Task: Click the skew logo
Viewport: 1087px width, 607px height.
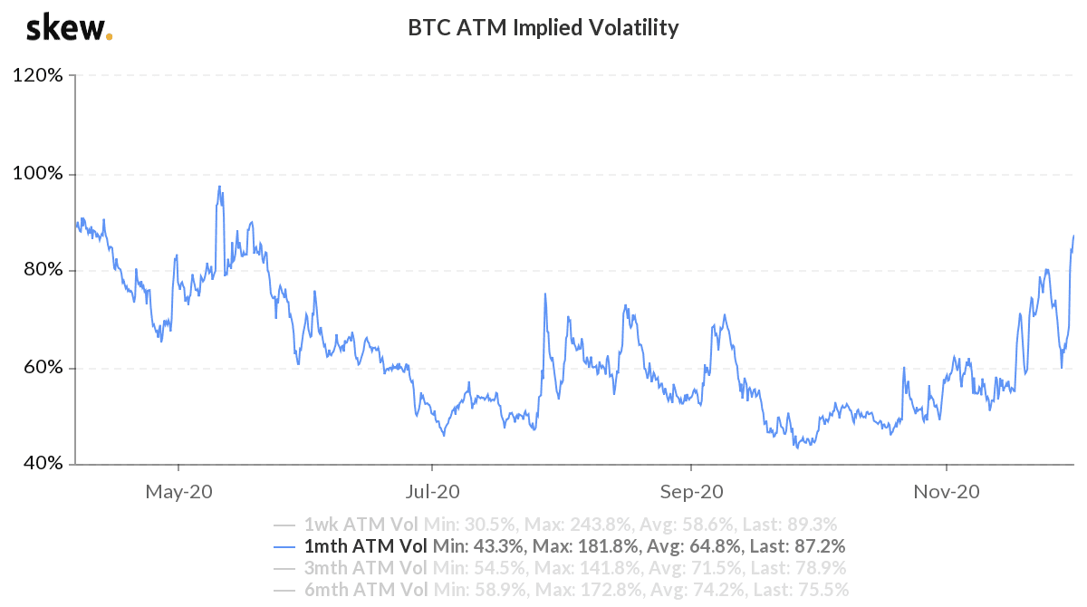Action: (x=68, y=28)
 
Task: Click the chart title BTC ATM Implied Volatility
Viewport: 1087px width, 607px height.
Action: (x=543, y=28)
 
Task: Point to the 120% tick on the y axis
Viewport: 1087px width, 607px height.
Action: (x=38, y=76)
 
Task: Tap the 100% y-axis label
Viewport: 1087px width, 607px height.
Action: (x=38, y=173)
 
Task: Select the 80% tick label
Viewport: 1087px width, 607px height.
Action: (x=42, y=270)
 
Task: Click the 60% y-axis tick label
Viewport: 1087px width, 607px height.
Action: (x=42, y=368)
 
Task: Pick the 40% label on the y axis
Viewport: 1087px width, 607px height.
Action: (x=42, y=464)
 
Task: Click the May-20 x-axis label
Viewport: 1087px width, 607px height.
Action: (x=178, y=492)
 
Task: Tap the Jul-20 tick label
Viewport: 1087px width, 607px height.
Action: (x=432, y=492)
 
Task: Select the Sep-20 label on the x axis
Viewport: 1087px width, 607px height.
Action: (x=690, y=492)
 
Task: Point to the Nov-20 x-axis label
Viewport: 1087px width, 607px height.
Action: (x=946, y=492)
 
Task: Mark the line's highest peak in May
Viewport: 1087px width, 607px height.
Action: (x=219, y=187)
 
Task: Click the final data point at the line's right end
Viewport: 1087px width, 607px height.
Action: (x=1074, y=236)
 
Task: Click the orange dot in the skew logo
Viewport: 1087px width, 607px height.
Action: (x=110, y=37)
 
